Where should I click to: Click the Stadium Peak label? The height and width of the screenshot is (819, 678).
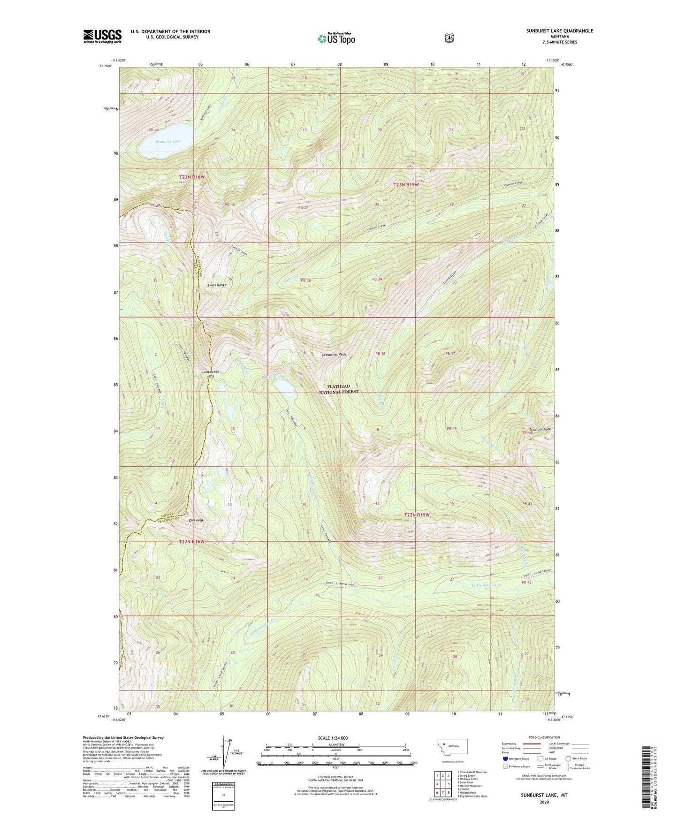540,429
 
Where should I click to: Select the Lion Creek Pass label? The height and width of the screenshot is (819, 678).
210,374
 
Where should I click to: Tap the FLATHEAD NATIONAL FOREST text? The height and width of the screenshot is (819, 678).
339,389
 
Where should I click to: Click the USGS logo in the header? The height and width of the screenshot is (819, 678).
102,36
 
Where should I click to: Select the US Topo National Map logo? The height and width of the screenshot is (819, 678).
336,38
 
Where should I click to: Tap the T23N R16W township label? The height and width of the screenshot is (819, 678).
192,177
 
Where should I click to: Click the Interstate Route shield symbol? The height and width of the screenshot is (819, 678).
505,758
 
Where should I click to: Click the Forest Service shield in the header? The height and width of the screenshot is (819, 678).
449,38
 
